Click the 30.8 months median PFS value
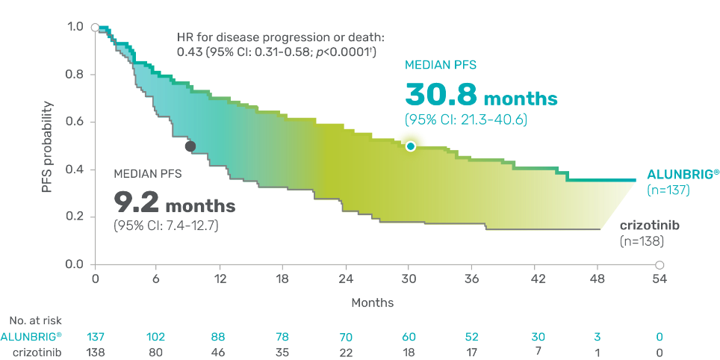[x=481, y=96]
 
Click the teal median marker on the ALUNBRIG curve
[x=410, y=146]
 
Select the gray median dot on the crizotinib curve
[x=190, y=146]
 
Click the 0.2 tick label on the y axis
[x=77, y=217]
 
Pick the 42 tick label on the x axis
[x=536, y=279]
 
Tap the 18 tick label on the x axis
[x=282, y=279]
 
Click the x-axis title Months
[x=373, y=303]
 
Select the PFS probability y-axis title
[x=48, y=147]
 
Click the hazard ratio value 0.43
[x=185, y=52]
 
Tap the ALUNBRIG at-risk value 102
[x=155, y=336]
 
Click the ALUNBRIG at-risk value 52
[x=473, y=336]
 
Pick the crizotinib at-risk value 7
[x=536, y=350]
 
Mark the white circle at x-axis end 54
[x=660, y=264]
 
